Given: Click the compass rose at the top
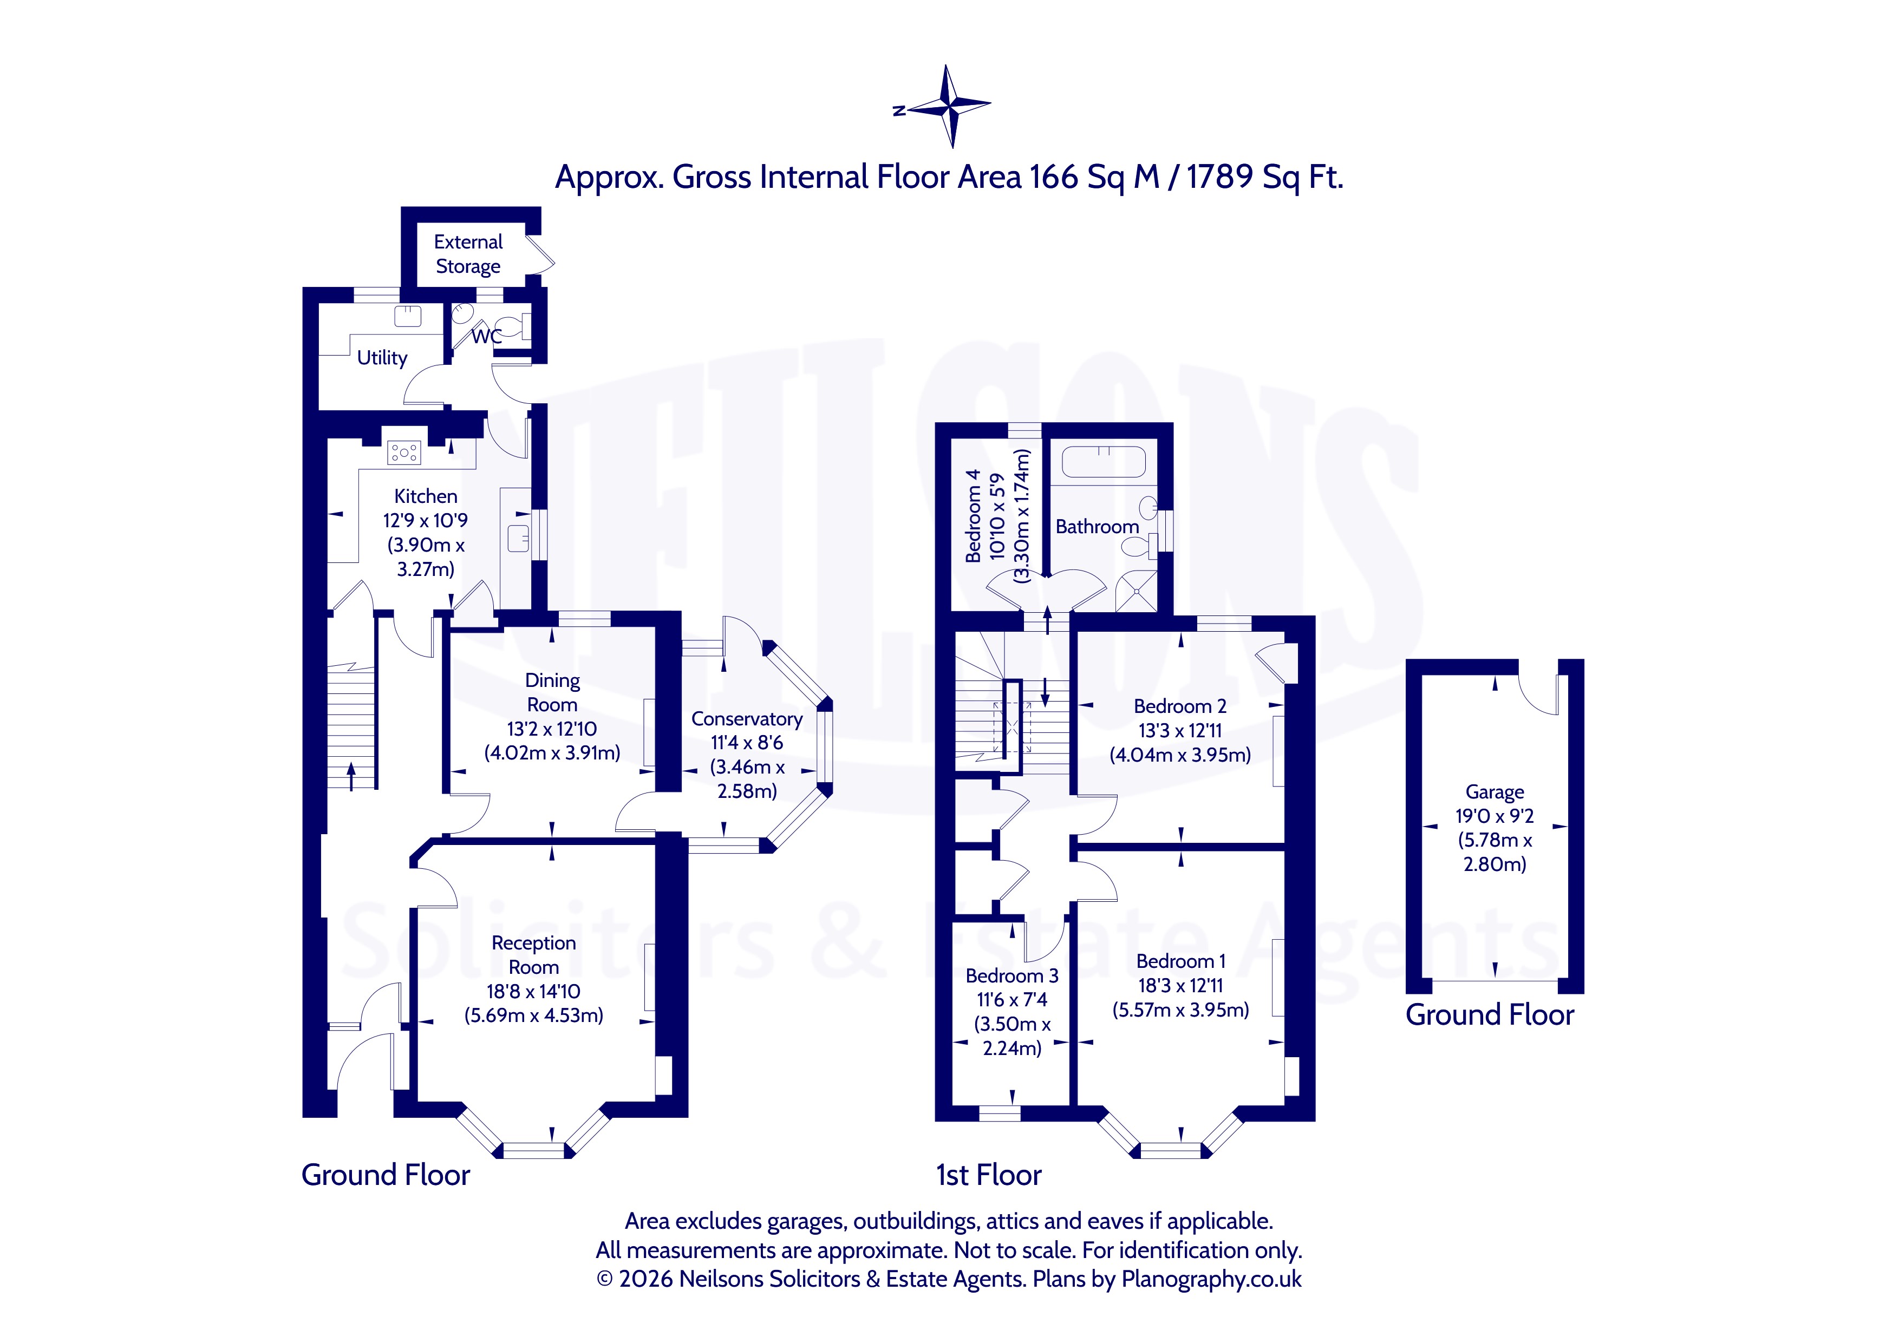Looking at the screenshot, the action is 947,107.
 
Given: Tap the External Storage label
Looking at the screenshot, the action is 468,254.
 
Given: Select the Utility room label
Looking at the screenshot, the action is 382,358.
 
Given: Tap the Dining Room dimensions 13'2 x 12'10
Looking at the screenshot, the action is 552,729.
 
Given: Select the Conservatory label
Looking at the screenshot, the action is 747,719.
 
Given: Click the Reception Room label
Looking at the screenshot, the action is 533,955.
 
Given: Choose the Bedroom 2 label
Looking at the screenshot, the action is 1179,706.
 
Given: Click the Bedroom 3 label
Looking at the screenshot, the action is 1012,976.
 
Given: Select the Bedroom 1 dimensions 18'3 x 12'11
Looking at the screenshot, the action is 1180,985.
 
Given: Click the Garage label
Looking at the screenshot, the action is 1495,792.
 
